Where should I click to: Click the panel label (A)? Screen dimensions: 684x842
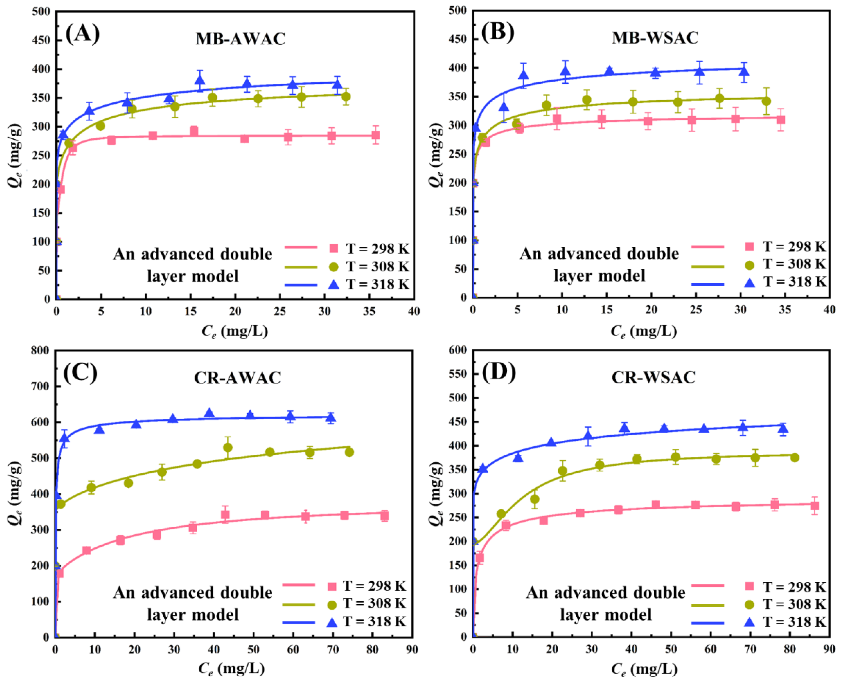coord(82,34)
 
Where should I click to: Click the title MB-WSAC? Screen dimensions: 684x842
coord(655,38)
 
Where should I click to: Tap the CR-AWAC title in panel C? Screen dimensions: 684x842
coord(237,377)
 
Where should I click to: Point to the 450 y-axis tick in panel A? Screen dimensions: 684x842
coord(41,40)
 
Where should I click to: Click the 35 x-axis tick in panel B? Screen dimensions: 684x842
coord(785,310)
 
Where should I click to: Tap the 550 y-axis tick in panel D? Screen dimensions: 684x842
coord(457,374)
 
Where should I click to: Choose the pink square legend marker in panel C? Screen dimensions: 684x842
coord(332,587)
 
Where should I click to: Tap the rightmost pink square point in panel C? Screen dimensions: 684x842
coord(385,515)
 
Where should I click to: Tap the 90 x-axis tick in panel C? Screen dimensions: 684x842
coord(412,649)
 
